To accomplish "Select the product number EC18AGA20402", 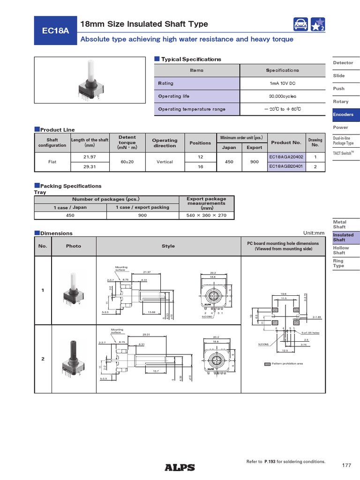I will (x=286, y=157).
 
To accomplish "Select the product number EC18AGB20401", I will (x=286, y=166).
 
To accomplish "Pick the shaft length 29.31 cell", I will (x=89, y=166).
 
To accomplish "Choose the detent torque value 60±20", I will (x=127, y=162).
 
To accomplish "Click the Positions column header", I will (x=200, y=142).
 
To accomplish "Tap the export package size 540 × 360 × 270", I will (x=207, y=215).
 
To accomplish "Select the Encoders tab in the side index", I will (x=343, y=114).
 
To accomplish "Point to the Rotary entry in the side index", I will (x=341, y=101).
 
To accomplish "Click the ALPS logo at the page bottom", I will (x=180, y=467).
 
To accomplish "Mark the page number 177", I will (x=346, y=465).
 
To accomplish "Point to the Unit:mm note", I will (x=314, y=233).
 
